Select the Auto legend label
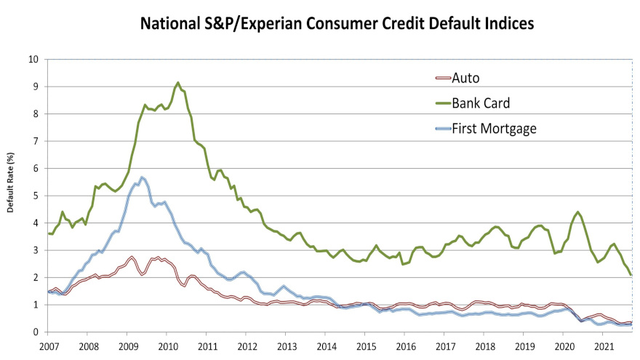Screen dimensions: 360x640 [x=465, y=78]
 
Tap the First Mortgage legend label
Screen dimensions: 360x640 [x=495, y=128]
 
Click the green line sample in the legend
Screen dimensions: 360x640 [x=441, y=103]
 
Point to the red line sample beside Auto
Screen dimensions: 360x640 [x=441, y=78]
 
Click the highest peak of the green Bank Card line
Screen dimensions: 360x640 [x=178, y=83]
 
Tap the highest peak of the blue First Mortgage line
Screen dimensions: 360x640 [x=143, y=177]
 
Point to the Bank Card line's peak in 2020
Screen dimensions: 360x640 [x=577, y=212]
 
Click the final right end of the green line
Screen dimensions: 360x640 [x=631, y=275]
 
